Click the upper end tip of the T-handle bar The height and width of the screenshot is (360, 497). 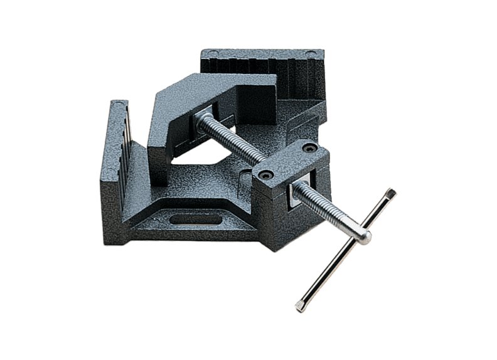(391, 192)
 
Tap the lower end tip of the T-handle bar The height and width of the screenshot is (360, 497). (299, 307)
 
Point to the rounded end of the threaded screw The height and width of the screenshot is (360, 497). (364, 237)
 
